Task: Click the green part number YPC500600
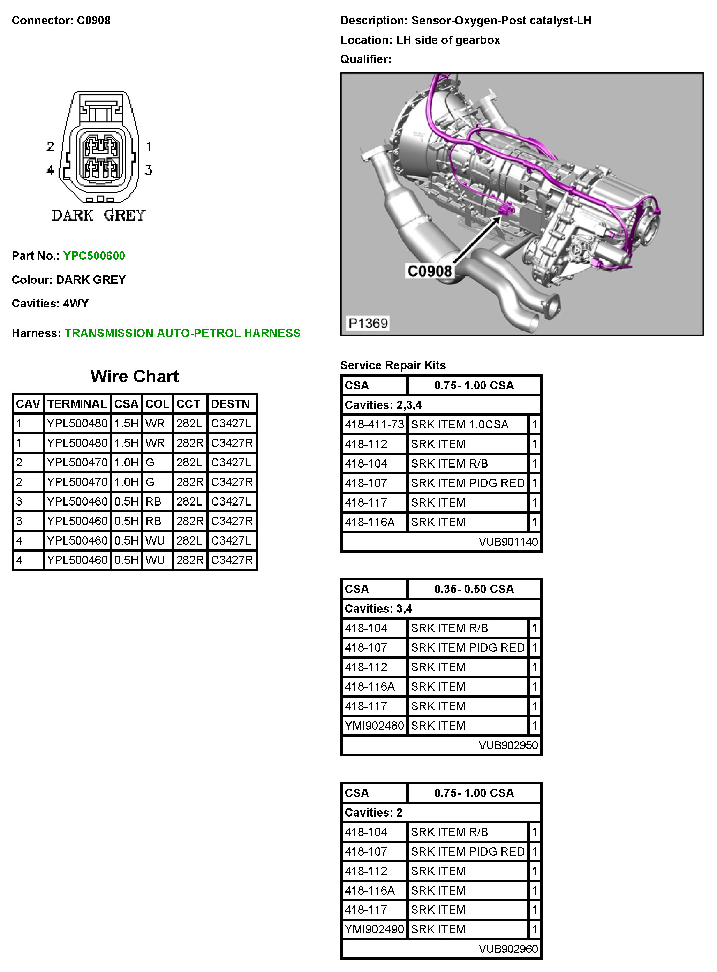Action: [94, 256]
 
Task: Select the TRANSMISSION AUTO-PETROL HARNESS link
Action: [182, 333]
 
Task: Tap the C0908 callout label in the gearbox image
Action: [429, 271]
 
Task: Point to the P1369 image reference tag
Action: [368, 323]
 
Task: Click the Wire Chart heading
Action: [135, 376]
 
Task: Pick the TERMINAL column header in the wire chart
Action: [77, 404]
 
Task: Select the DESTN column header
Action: [231, 404]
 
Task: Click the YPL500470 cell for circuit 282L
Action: [77, 463]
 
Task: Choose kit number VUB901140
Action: [508, 541]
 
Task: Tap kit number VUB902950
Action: [508, 745]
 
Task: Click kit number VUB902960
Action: [508, 949]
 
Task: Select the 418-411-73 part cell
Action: [374, 424]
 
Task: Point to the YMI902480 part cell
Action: [374, 726]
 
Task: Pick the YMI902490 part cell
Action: [374, 929]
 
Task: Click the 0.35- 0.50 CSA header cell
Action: [474, 589]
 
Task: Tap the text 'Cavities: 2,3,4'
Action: [383, 405]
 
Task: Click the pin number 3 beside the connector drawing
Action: [149, 170]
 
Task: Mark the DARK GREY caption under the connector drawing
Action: [99, 215]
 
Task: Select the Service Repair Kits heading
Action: [393, 365]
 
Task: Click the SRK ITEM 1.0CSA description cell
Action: [460, 424]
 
